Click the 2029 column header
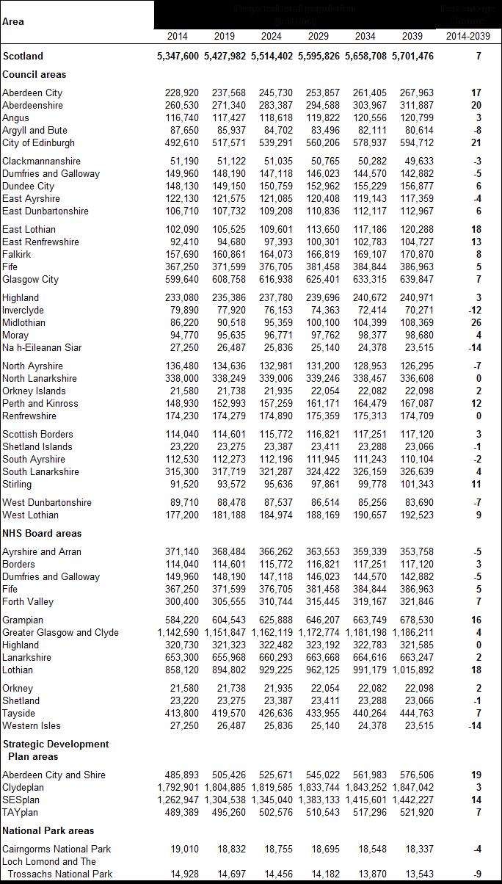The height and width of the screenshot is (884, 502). coord(319,36)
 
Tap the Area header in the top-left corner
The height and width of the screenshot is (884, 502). coord(13,21)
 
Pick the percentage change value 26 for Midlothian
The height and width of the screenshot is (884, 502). coord(476,323)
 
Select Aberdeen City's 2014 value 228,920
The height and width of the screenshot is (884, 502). coord(177,93)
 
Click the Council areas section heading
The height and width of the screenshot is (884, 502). coord(34,74)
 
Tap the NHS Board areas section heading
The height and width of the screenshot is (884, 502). coord(42,533)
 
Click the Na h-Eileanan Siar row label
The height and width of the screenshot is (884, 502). coord(42,348)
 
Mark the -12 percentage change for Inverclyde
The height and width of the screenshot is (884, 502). coord(475,311)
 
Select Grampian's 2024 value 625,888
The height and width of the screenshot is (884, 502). coord(272,620)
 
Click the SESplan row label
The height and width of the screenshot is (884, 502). coord(21,800)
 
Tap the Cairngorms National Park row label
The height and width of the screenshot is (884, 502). coord(57,849)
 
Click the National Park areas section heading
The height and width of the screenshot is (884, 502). coord(48,830)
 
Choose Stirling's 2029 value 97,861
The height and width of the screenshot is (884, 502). coord(319,485)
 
